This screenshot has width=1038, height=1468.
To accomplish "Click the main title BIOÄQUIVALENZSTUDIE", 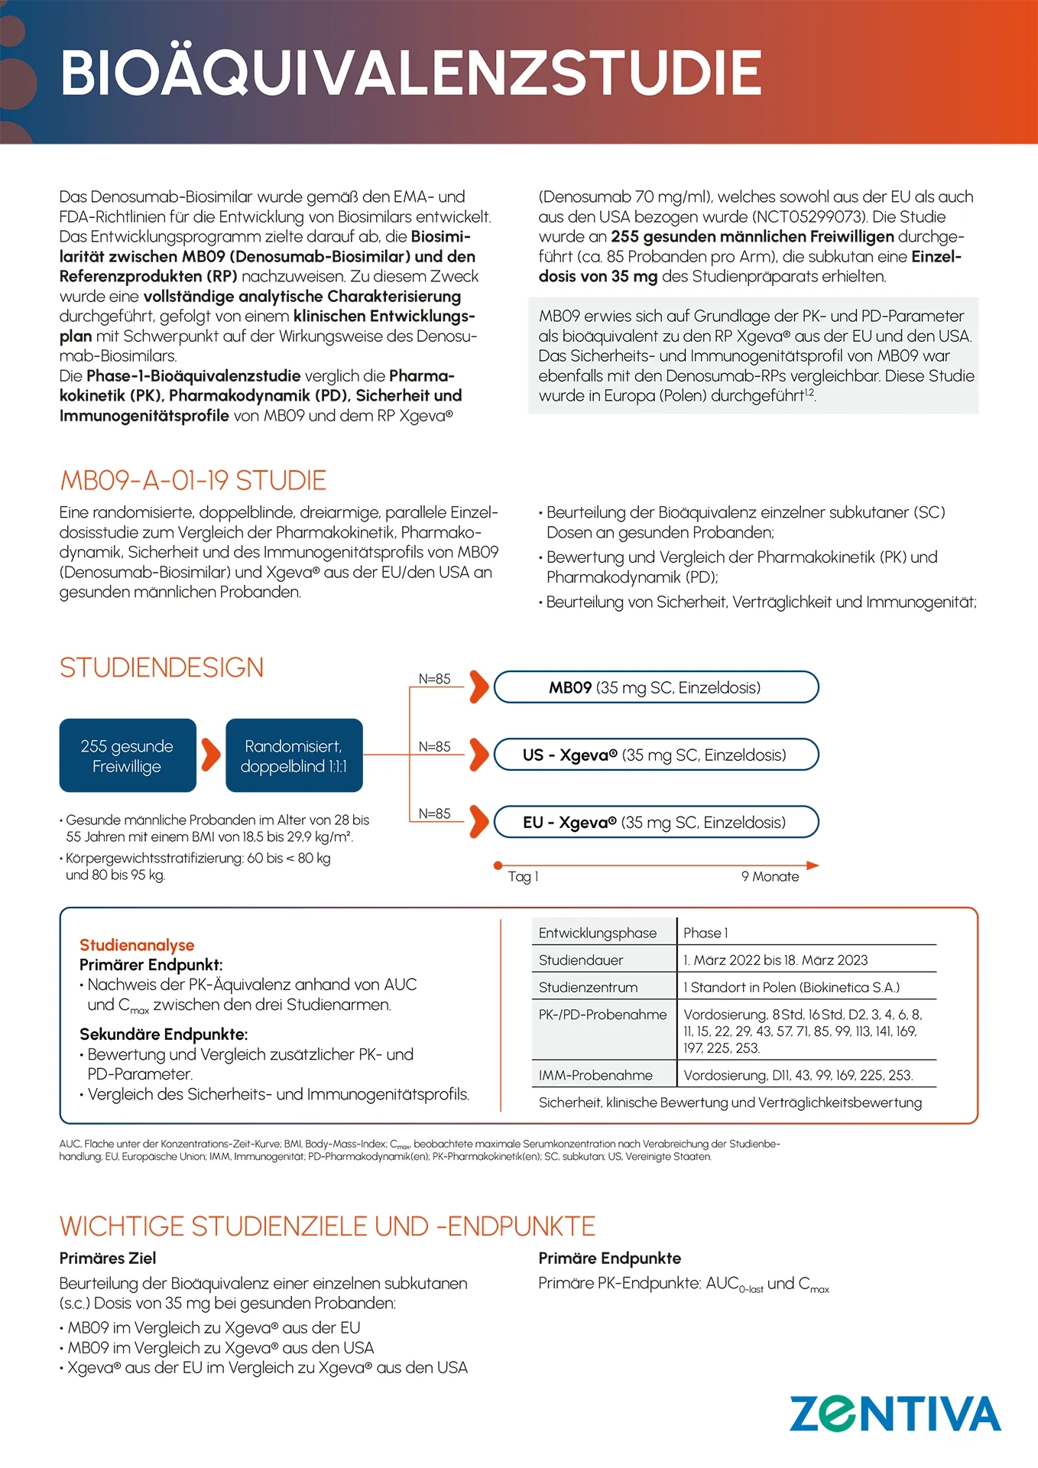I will pyautogui.click(x=411, y=73).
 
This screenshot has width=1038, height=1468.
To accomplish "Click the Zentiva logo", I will pyautogui.click(x=894, y=1414).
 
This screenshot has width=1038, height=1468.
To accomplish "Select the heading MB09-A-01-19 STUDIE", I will pyautogui.click(x=193, y=481).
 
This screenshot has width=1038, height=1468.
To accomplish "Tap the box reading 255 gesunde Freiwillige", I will pyautogui.click(x=128, y=755).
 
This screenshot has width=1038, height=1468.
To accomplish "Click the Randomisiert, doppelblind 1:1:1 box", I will pyautogui.click(x=294, y=755).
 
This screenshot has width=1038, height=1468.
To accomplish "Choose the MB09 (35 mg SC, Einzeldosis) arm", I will pyautogui.click(x=656, y=687).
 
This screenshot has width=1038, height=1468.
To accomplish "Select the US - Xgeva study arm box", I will pyautogui.click(x=656, y=755).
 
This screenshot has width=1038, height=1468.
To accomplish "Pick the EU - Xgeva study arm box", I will pyautogui.click(x=656, y=822).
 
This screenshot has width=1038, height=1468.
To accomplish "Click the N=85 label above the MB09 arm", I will pyautogui.click(x=434, y=679).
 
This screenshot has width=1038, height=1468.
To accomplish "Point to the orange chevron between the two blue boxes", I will pyautogui.click(x=211, y=755).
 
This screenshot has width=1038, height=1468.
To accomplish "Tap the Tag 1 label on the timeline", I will pyautogui.click(x=523, y=876).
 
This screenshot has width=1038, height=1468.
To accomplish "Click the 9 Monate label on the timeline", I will pyautogui.click(x=770, y=876).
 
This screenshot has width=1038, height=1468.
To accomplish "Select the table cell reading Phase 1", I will pyautogui.click(x=706, y=933).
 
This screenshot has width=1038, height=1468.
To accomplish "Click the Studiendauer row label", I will pyautogui.click(x=581, y=960).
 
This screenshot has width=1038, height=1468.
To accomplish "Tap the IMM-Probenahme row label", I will pyautogui.click(x=595, y=1075).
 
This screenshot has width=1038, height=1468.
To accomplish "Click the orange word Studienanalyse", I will pyautogui.click(x=137, y=945).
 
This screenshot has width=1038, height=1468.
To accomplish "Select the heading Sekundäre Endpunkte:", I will pyautogui.click(x=164, y=1034).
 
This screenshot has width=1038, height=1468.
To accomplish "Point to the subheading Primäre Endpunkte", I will pyautogui.click(x=609, y=1258).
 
